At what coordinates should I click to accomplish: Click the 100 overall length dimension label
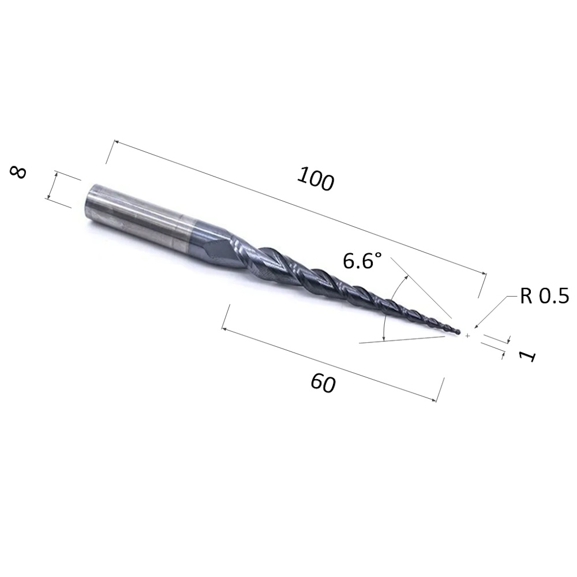coord(316,179)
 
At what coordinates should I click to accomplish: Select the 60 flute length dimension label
coord(324,383)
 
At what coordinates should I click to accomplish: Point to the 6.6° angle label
coord(362,261)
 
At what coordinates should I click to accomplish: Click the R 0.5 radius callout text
coord(544,295)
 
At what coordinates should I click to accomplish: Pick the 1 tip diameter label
coord(527,356)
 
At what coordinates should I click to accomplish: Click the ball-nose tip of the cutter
coord(458,332)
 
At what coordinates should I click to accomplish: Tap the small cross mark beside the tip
coord(467,336)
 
